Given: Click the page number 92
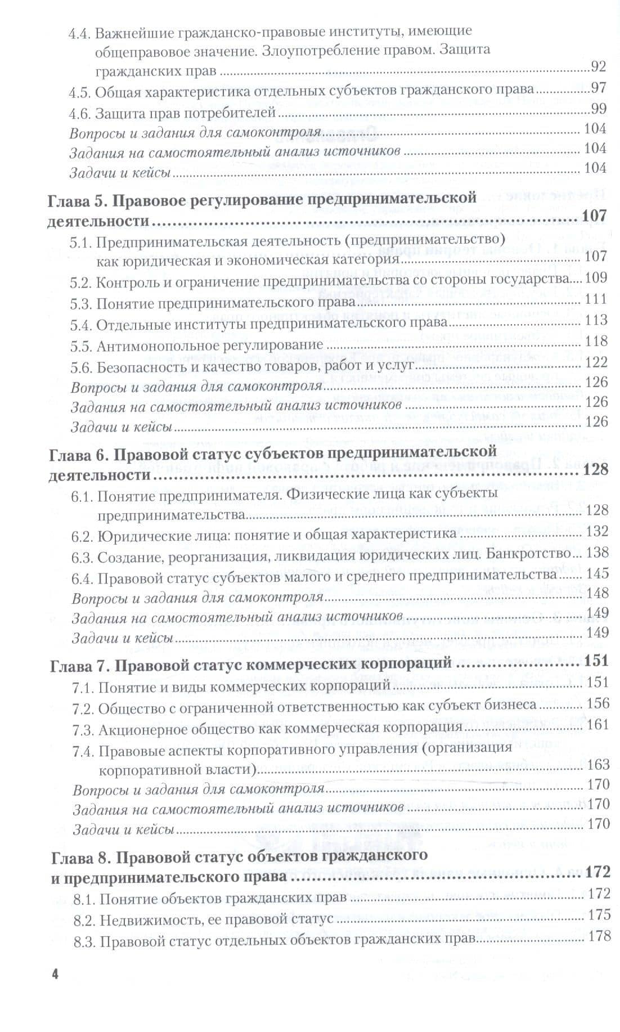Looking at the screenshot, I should [598, 68].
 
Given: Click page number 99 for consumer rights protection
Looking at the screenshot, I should [598, 110].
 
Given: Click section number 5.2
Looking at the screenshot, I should [81, 279].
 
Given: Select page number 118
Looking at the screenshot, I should [596, 341].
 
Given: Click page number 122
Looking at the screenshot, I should [596, 362].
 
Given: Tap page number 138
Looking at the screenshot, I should [597, 553].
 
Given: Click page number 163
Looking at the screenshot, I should [597, 764].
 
